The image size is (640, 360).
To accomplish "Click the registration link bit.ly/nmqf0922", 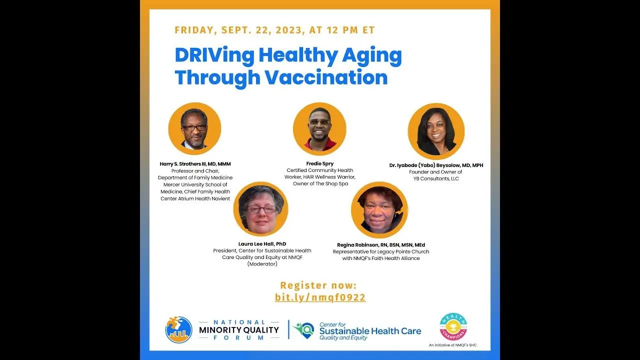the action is (x=320, y=297).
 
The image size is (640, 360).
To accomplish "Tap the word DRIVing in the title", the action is (x=214, y=55).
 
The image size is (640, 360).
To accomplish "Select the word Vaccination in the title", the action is (x=326, y=77).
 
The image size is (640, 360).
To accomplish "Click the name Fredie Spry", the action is (x=319, y=163).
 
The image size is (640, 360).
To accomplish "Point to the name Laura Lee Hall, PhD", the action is (x=262, y=243).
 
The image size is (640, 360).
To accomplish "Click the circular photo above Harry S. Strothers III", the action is (x=194, y=128).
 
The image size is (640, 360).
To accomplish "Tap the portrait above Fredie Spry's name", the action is (x=319, y=129).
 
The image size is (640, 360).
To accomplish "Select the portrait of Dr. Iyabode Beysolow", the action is (x=436, y=131).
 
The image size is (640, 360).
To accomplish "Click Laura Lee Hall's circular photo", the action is (x=260, y=209).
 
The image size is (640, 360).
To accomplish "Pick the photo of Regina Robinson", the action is (x=379, y=210).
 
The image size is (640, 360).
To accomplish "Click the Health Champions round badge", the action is (x=453, y=326).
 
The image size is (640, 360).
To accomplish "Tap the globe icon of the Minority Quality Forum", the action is (x=179, y=329).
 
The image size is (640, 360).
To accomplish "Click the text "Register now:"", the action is (x=318, y=285).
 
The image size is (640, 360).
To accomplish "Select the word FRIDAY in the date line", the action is (x=194, y=30).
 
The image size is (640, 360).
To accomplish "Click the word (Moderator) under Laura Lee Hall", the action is (x=262, y=264).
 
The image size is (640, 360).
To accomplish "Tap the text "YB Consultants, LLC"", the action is (x=436, y=179).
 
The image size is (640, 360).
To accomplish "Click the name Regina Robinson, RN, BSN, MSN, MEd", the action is (x=381, y=245).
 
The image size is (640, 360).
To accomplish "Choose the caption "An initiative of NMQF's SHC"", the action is (x=453, y=345).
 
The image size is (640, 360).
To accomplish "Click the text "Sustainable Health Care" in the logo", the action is (x=370, y=331).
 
